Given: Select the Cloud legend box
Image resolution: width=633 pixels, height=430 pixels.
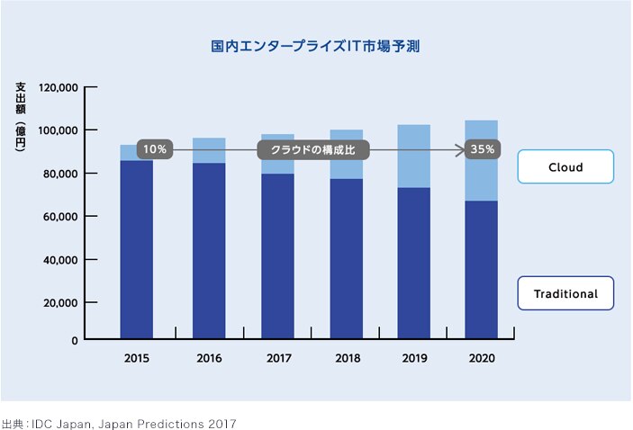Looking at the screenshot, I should pos(565,167).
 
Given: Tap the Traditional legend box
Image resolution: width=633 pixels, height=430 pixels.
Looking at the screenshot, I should pos(565,293).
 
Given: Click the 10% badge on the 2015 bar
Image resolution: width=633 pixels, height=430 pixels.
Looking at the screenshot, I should pos(154,149).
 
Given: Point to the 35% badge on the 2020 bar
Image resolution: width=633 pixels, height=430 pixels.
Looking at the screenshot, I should pos(482,149).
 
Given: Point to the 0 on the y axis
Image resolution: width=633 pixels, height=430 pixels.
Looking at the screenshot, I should pos(76,340).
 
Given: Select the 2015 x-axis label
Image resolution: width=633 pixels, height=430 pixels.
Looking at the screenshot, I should pos(137,358).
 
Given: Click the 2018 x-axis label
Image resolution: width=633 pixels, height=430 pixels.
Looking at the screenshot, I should pos(347,358).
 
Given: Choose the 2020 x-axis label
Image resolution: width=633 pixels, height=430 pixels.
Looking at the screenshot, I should pos(482,358).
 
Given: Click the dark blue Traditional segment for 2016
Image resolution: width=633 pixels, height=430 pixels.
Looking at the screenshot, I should pos(209,252).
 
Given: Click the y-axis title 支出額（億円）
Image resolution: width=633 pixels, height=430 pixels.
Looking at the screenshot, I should pos(21,121).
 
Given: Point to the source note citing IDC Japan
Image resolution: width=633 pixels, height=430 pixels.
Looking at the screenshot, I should pos(118,421).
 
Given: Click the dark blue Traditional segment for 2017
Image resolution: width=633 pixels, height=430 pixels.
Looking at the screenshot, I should pos(277,256).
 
